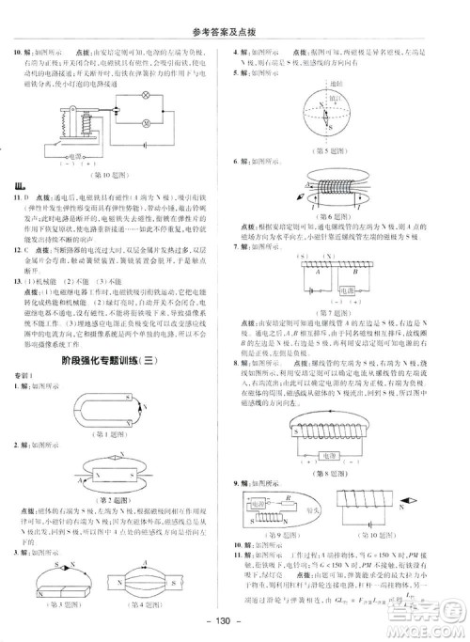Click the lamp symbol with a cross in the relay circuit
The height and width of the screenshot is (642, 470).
(144, 96)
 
